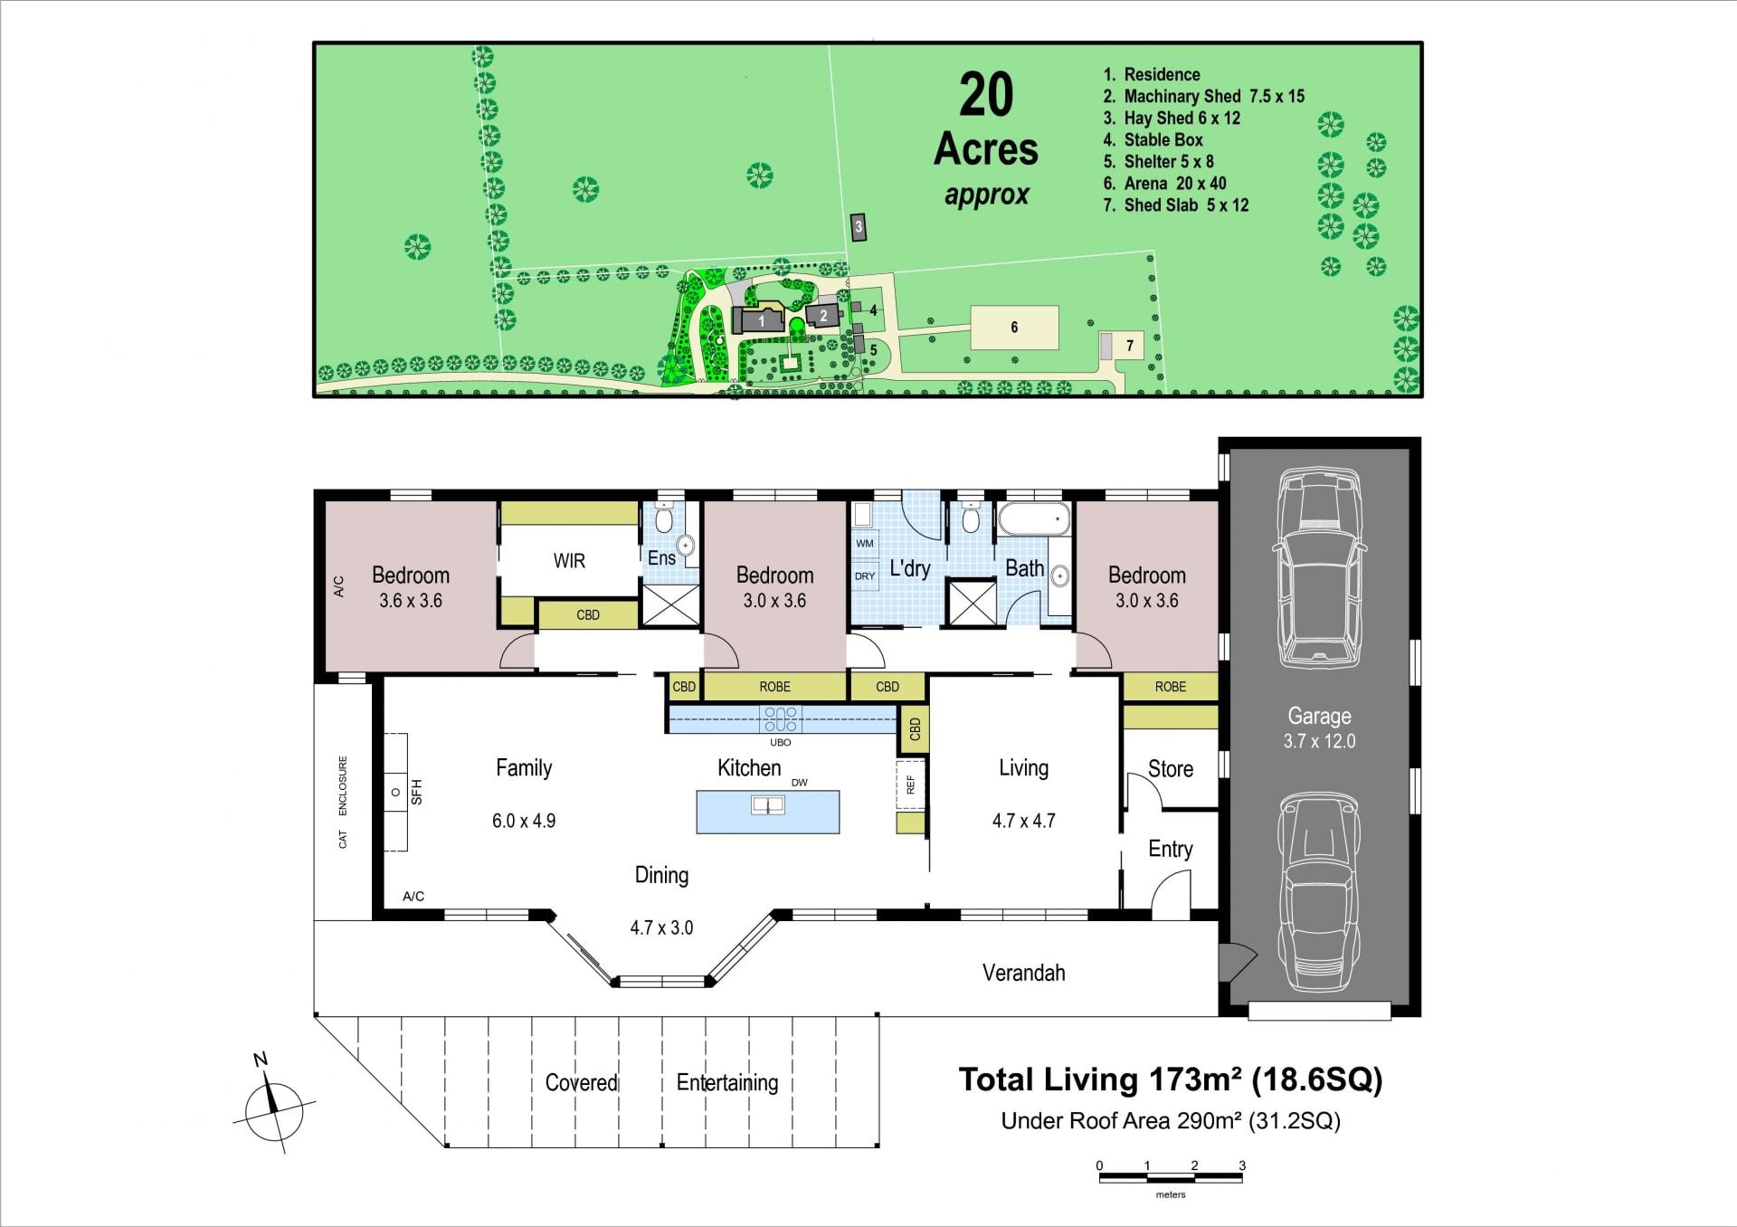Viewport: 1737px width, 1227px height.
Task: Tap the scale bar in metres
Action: click(x=1171, y=1177)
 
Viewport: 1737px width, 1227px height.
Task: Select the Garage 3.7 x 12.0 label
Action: click(x=1319, y=728)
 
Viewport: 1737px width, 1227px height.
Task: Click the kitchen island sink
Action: click(x=768, y=804)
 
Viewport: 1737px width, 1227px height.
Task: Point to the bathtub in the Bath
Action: click(x=1034, y=519)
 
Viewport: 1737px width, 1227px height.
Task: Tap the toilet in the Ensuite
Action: click(x=663, y=519)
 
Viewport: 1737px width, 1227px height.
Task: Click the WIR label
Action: click(x=569, y=561)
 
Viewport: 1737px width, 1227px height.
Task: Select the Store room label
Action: click(x=1171, y=769)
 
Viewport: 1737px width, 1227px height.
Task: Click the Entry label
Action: click(x=1171, y=849)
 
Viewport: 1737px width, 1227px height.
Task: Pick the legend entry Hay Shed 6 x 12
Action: click(x=1172, y=119)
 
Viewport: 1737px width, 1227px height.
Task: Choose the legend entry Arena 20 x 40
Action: click(x=1164, y=184)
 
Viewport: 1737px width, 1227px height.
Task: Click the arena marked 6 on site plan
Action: click(x=1014, y=328)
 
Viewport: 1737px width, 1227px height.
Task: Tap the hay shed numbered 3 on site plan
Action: click(x=859, y=227)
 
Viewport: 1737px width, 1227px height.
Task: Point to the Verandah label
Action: click(x=1023, y=973)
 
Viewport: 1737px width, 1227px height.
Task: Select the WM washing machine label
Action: click(x=865, y=544)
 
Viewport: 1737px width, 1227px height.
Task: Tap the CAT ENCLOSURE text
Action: click(x=343, y=802)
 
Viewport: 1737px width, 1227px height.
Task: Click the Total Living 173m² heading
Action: click(x=1171, y=1080)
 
